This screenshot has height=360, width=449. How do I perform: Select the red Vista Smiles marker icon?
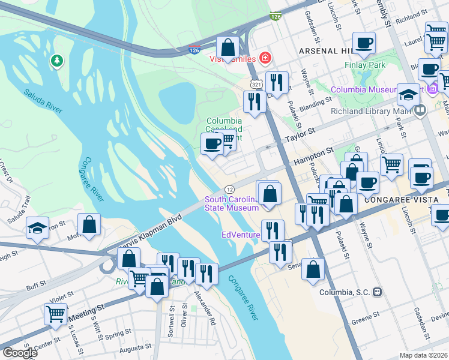[265, 58]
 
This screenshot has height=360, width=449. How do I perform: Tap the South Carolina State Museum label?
[232, 203]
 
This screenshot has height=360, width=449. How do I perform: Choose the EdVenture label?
[240, 235]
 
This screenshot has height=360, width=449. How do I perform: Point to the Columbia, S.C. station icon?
[377, 292]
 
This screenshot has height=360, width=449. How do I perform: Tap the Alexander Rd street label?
[204, 308]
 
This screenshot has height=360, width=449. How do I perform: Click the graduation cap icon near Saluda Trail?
[37, 229]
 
